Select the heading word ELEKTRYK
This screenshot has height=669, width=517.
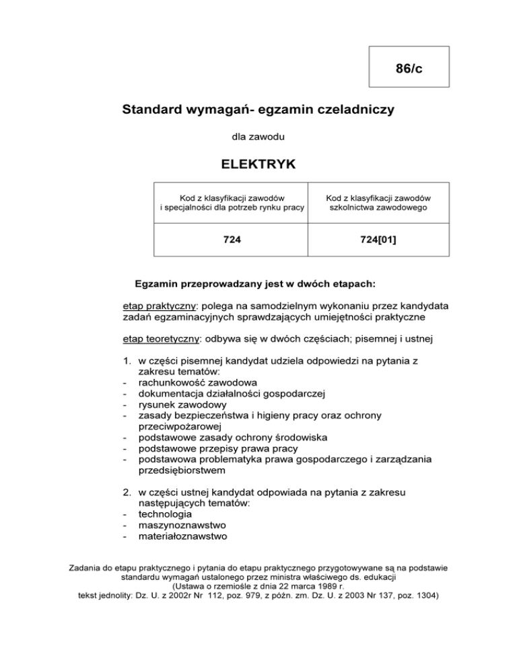tap(258, 164)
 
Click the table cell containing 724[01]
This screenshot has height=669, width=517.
tap(378, 239)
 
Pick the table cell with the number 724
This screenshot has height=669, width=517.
tap(231, 239)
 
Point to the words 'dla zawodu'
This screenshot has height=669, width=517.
tap(258, 137)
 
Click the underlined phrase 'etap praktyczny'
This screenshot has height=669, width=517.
tap(156, 306)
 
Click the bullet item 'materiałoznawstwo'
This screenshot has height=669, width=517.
tap(182, 536)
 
